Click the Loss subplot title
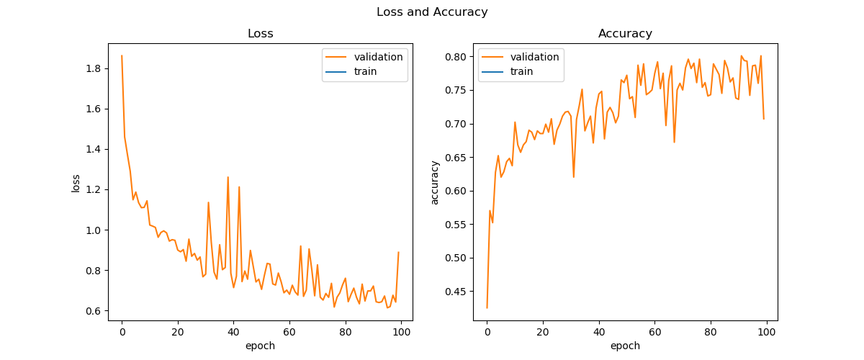260,34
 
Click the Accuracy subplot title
625,34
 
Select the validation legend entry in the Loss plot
380,57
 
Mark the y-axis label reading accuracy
435,181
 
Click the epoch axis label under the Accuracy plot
625,346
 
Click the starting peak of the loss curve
122,55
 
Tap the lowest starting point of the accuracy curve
487,308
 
